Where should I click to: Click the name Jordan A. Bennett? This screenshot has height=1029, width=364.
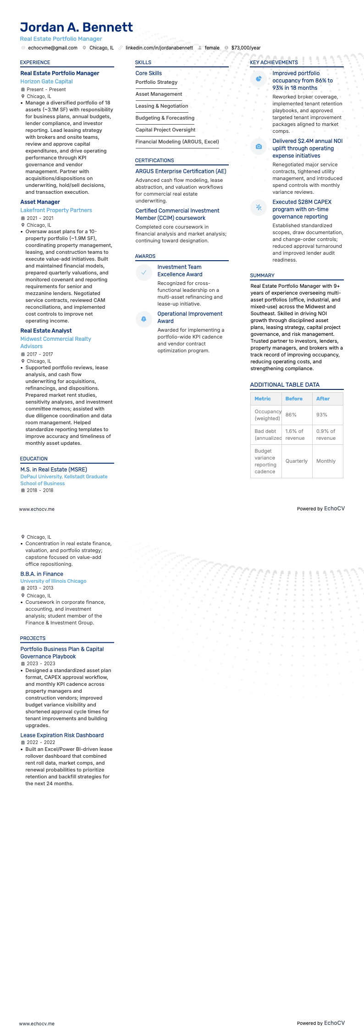(77, 27)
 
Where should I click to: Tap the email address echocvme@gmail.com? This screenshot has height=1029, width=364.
(53, 48)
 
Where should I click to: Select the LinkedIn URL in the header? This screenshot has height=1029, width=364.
(159, 48)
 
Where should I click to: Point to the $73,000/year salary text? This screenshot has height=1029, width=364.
(246, 48)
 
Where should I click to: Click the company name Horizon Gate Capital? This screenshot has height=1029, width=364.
(46, 82)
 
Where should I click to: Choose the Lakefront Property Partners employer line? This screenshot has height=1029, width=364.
(56, 210)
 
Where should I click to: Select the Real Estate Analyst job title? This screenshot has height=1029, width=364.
(46, 331)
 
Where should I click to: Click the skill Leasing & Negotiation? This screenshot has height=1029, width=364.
(161, 106)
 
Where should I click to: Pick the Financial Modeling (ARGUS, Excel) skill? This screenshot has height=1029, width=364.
(177, 142)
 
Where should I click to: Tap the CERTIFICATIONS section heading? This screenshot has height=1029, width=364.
(154, 160)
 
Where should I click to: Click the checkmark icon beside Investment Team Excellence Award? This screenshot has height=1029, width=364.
(143, 273)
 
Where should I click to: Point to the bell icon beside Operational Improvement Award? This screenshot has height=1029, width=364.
(143, 319)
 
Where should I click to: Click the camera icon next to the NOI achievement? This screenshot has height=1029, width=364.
(259, 147)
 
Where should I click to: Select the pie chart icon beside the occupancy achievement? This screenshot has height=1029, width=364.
(259, 79)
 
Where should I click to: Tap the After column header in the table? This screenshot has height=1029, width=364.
(323, 399)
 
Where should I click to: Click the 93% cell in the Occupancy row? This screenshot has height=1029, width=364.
(322, 415)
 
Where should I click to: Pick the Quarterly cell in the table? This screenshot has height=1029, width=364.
(296, 461)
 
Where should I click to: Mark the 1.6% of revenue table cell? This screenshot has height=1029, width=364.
(295, 434)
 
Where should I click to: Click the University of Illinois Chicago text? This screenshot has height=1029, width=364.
(53, 581)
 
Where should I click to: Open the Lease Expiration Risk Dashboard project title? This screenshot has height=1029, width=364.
(62, 735)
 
